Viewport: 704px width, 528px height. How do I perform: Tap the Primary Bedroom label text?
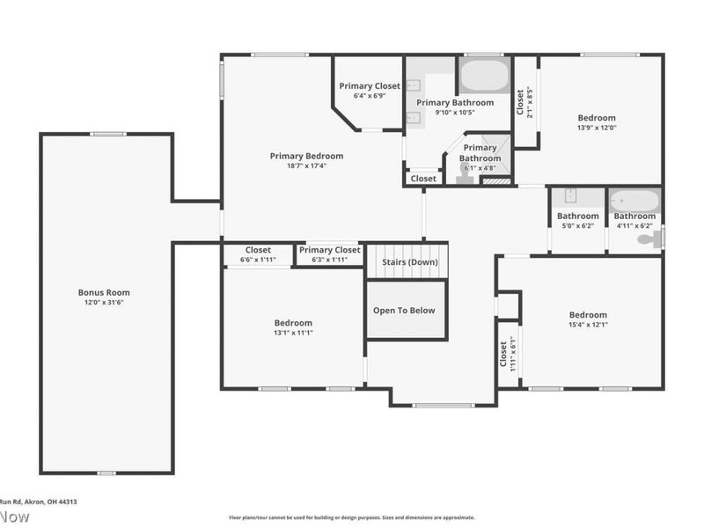pyautogui.click(x=306, y=156)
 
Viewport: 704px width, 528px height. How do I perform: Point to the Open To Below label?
pyautogui.click(x=404, y=311)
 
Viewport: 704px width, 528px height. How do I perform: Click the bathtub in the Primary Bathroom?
pyautogui.click(x=483, y=76)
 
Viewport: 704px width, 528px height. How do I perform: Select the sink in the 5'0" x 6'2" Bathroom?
pyautogui.click(x=569, y=196)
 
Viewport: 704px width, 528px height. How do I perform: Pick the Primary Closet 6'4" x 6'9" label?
pyautogui.click(x=370, y=86)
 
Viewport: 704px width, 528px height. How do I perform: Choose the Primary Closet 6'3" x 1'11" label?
pyautogui.click(x=330, y=250)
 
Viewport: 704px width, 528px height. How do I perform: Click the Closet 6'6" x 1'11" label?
pyautogui.click(x=258, y=250)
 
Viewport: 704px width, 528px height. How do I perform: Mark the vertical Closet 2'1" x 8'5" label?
pyautogui.click(x=521, y=102)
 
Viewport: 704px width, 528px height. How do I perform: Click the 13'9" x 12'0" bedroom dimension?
pyautogui.click(x=596, y=128)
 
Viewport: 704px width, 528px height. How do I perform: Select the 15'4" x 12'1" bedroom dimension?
pyautogui.click(x=588, y=326)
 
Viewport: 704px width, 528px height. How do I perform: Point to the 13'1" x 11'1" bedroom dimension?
pyautogui.click(x=292, y=333)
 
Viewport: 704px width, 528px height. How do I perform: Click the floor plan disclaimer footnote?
pyautogui.click(x=352, y=517)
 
